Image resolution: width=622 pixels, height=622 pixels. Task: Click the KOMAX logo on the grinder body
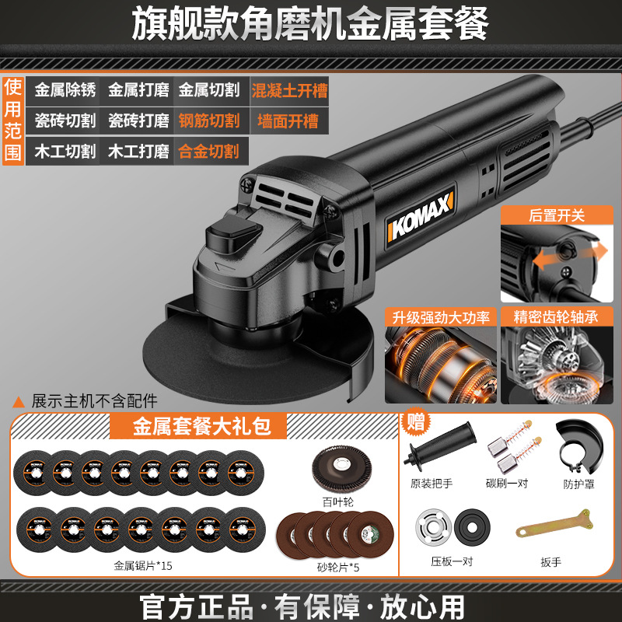click(x=420, y=217)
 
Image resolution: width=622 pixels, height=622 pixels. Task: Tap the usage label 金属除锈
click(x=65, y=90)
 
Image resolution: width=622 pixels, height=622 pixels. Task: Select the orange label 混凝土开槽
click(x=289, y=91)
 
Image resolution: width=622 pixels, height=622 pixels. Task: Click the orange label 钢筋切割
click(x=209, y=121)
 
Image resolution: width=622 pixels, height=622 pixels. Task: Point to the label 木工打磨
click(x=138, y=152)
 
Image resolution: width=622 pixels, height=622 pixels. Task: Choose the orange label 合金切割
click(x=209, y=152)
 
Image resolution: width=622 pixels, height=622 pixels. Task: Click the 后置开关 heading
click(x=557, y=215)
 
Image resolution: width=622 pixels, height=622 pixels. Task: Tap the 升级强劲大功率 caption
click(x=441, y=317)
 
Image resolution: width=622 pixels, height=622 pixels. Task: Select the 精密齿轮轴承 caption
click(x=556, y=317)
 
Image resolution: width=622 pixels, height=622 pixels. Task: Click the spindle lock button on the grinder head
click(x=233, y=232)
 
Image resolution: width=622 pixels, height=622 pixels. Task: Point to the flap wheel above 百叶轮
click(x=341, y=469)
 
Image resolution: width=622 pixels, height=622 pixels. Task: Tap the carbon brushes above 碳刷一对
click(x=515, y=448)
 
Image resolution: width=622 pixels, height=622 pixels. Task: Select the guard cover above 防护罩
click(x=579, y=446)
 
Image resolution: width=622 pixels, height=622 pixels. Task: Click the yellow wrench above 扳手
click(x=555, y=523)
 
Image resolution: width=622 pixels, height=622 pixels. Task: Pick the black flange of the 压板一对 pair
click(x=472, y=528)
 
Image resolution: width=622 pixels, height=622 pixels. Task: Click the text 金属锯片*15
click(x=143, y=566)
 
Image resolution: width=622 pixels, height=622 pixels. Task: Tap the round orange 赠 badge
click(x=415, y=421)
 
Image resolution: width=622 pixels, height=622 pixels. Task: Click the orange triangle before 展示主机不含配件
click(x=18, y=402)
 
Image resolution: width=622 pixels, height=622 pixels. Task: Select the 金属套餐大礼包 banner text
click(x=201, y=426)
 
